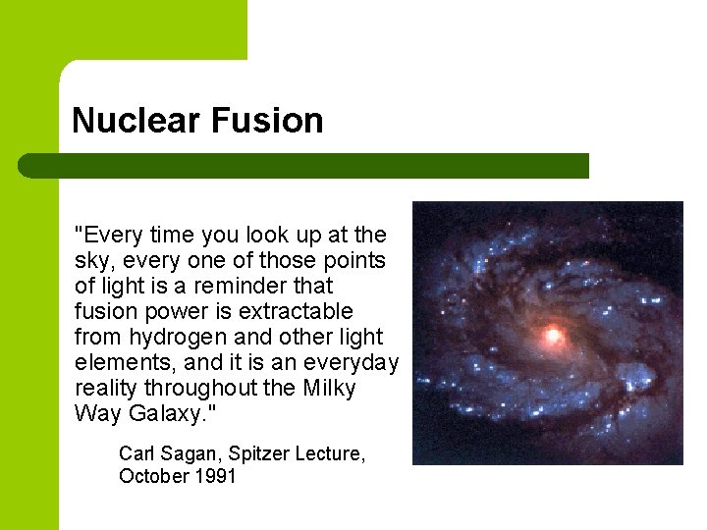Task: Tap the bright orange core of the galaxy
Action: point(553,336)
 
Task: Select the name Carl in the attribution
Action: point(136,454)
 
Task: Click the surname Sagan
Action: point(190,454)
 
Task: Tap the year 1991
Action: point(215,477)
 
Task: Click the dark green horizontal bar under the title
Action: point(304,166)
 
